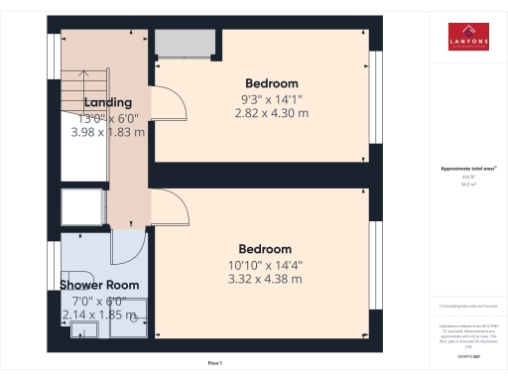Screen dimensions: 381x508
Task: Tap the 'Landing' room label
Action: tap(108, 102)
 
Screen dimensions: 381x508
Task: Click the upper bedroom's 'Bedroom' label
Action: tap(271, 83)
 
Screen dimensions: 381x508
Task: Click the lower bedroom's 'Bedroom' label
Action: tap(265, 248)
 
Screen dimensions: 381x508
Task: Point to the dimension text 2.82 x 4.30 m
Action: tap(271, 114)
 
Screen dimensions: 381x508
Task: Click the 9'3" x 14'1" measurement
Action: tap(271, 99)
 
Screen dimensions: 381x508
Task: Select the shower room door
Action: tap(128, 246)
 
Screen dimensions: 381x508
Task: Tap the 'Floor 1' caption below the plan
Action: tap(214, 364)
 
